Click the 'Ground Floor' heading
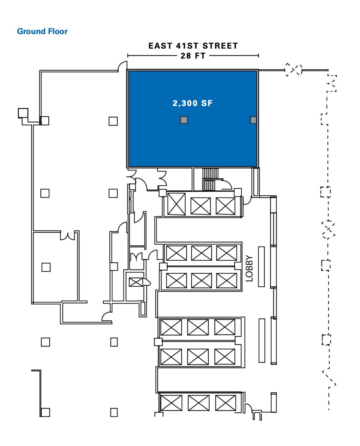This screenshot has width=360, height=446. (42, 31)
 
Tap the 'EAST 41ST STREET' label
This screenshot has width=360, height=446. (193, 46)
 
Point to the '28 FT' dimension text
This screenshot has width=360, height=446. (193, 56)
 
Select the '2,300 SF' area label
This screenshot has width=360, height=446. (193, 103)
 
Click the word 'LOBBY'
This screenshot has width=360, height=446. (249, 268)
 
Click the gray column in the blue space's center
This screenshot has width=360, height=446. (184, 120)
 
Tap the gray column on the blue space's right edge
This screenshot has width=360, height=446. (253, 120)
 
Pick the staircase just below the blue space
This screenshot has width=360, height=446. (210, 179)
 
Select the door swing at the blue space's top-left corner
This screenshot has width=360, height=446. (122, 66)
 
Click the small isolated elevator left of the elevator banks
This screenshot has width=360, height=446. (136, 282)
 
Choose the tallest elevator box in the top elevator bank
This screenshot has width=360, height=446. (176, 204)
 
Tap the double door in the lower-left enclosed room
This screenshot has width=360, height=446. (68, 235)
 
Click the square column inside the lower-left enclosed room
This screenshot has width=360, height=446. (46, 267)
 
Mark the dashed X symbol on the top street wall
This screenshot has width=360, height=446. (293, 69)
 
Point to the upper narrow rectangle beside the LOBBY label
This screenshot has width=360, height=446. (261, 266)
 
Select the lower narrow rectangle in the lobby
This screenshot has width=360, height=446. (262, 340)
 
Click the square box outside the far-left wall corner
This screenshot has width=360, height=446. (23, 113)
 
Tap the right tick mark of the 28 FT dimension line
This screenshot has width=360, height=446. (258, 56)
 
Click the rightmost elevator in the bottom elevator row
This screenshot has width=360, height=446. (226, 403)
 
